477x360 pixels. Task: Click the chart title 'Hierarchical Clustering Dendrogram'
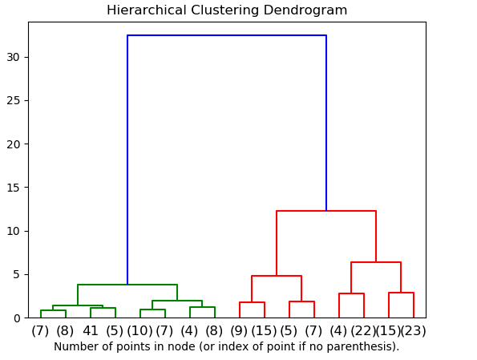[x=227, y=10]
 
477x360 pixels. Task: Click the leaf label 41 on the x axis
[x=91, y=330]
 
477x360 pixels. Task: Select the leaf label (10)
[x=140, y=330]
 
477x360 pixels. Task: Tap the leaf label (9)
[x=240, y=330]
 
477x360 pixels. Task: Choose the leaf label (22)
[x=363, y=330]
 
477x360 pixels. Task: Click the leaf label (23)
[x=413, y=330]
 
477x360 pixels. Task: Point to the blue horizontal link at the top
[x=227, y=35]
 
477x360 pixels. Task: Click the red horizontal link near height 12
[x=326, y=211]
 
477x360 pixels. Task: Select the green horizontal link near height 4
[x=127, y=285]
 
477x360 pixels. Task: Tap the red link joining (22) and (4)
[x=351, y=293]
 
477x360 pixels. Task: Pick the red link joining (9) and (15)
[x=252, y=302]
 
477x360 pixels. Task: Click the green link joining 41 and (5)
[x=103, y=308]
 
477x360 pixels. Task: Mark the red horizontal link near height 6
[x=376, y=262]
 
